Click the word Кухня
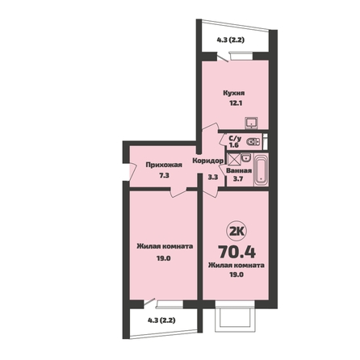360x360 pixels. click(x=234, y=94)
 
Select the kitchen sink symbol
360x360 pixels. click(x=251, y=123)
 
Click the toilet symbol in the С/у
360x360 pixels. click(x=253, y=141)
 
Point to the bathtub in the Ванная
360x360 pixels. click(x=261, y=170)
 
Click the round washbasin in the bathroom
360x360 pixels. click(x=245, y=157)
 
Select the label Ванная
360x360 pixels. click(x=239, y=171)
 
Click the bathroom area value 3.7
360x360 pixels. click(x=238, y=178)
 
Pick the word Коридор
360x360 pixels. click(x=208, y=161)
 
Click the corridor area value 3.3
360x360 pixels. click(x=212, y=177)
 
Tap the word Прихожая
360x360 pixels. click(x=164, y=165)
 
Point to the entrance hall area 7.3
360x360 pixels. click(x=164, y=176)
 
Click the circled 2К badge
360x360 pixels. click(x=237, y=232)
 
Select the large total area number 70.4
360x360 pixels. click(x=237, y=252)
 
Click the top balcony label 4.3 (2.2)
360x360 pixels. click(x=230, y=40)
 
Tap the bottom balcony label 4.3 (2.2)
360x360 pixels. click(x=161, y=320)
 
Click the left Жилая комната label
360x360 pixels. click(x=165, y=246)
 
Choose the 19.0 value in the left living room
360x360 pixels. click(x=164, y=258)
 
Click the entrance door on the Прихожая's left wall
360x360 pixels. click(x=132, y=170)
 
